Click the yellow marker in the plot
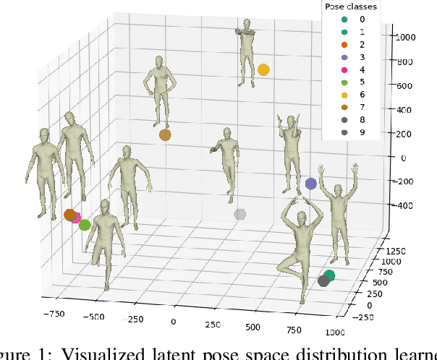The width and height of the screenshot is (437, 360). click(x=263, y=70)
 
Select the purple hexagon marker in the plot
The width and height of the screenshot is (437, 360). click(x=311, y=184)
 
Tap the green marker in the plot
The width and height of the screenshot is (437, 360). click(x=85, y=225)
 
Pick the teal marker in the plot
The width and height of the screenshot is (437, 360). click(x=329, y=275)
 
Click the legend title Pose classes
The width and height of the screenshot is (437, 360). click(x=350, y=7)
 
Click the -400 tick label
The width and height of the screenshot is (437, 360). click(x=402, y=205)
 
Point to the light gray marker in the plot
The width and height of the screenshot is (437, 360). click(x=240, y=214)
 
